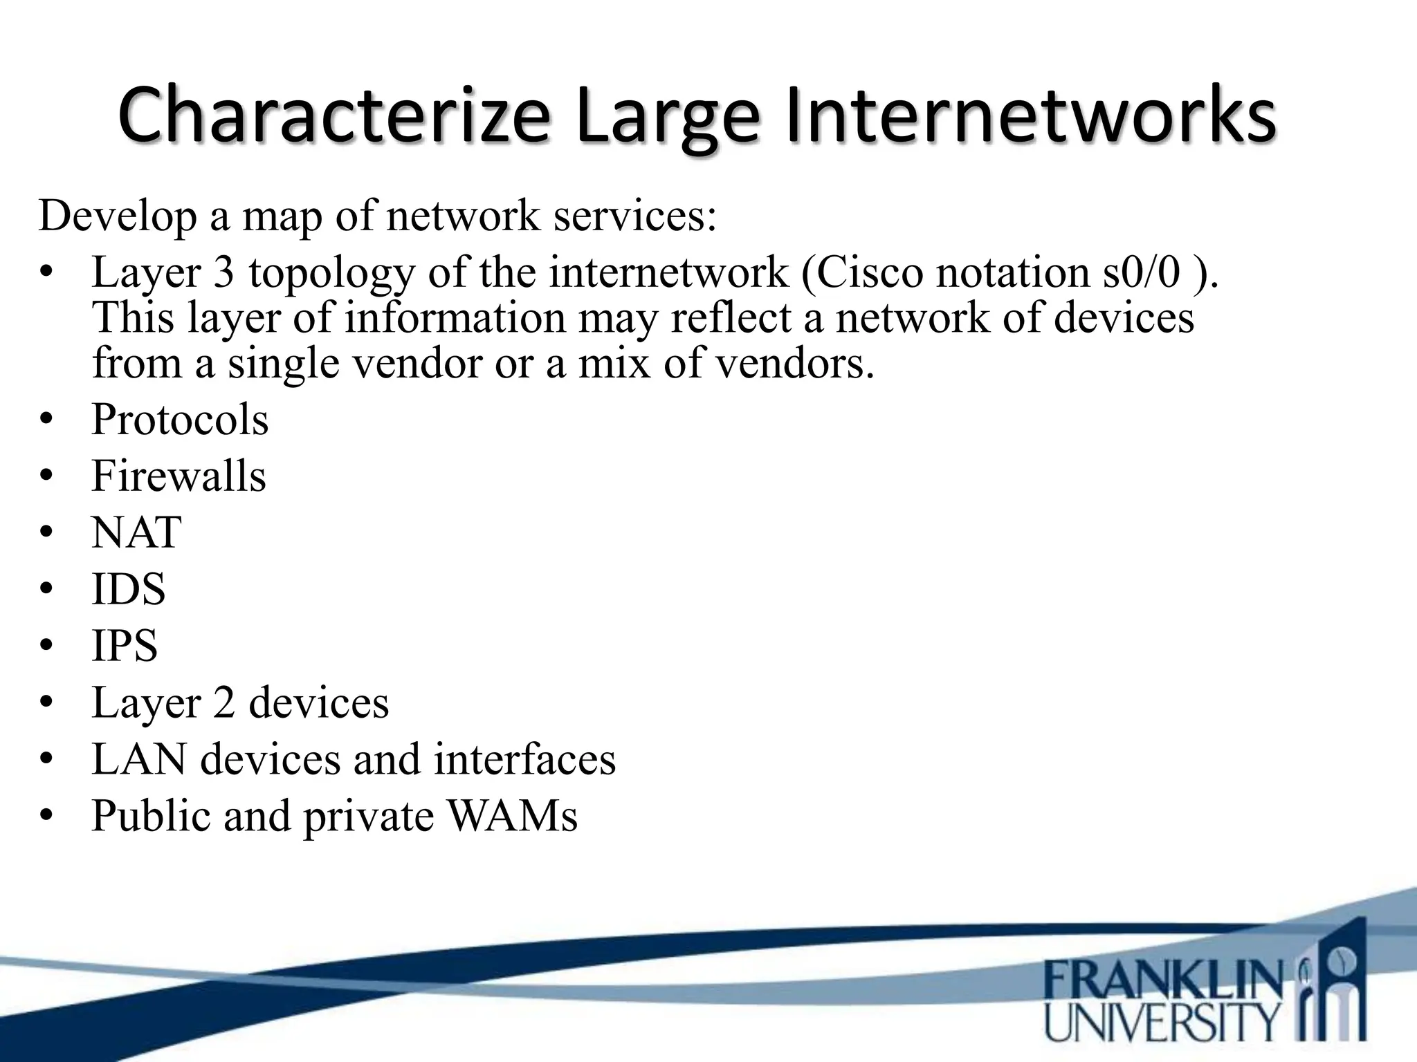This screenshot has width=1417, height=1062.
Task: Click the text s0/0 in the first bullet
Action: (1141, 272)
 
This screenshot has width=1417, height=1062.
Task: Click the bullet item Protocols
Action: (180, 420)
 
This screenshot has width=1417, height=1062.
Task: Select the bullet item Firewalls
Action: (179, 476)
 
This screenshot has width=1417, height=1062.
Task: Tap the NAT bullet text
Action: (136, 533)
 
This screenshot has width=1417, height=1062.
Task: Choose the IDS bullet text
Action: (129, 590)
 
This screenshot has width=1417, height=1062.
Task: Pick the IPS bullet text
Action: (125, 646)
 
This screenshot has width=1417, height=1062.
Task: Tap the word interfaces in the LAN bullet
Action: (524, 759)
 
